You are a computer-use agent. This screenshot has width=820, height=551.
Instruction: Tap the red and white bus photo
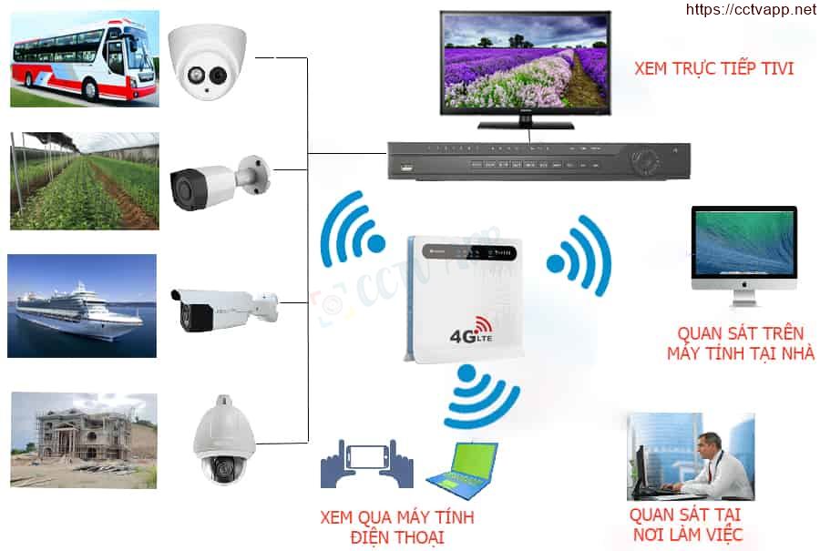[83, 56]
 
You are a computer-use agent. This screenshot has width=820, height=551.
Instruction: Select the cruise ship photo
[82, 305]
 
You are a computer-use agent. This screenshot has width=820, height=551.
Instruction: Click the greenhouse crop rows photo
[84, 181]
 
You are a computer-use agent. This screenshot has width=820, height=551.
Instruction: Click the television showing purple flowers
[525, 66]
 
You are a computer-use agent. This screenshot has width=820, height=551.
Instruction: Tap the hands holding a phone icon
[366, 464]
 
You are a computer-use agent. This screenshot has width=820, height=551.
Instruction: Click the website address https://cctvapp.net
[749, 10]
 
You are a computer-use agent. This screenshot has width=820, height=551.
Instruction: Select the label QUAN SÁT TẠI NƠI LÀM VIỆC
[686, 525]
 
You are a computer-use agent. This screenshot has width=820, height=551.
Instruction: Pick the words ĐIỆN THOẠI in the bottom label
[397, 537]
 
